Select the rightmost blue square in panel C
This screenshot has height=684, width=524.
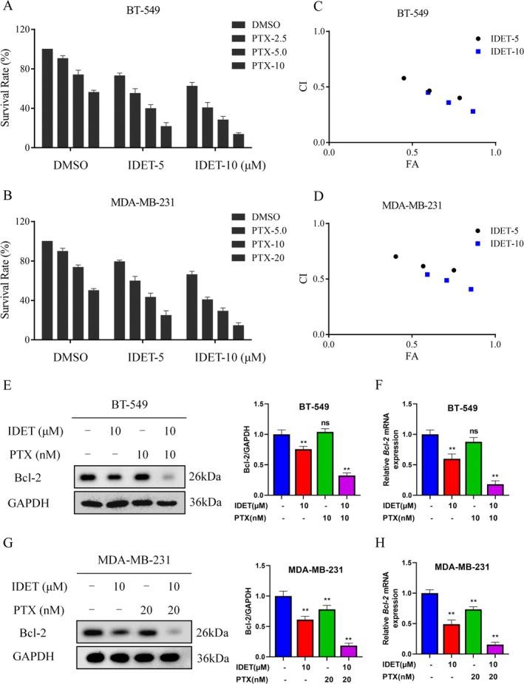pyautogui.click(x=472, y=112)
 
